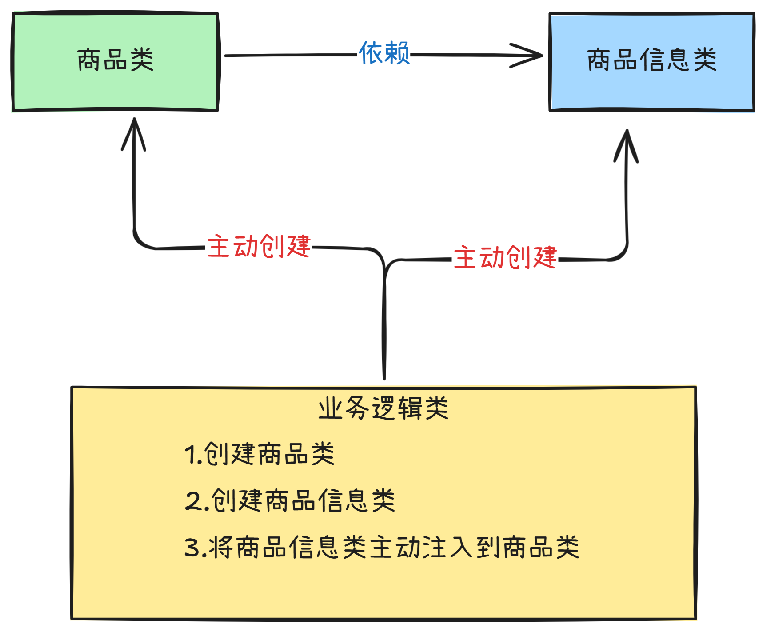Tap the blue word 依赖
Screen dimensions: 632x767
[384, 53]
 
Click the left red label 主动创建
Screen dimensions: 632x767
[259, 246]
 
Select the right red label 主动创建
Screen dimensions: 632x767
[505, 257]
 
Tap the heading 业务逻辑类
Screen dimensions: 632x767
[383, 408]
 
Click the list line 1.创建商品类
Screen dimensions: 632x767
[260, 454]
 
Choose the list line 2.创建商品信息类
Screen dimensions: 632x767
[290, 500]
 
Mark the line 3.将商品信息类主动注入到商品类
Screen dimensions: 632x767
[382, 547]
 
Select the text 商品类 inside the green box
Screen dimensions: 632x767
[115, 60]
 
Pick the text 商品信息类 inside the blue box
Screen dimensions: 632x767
[652, 60]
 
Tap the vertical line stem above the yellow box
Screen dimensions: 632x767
[384, 329]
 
